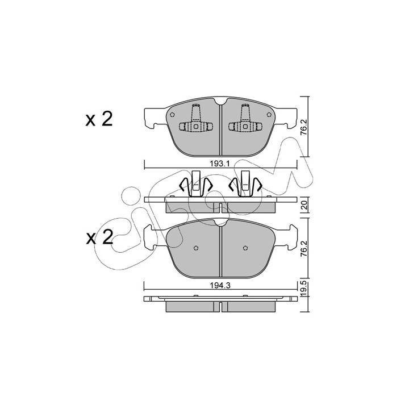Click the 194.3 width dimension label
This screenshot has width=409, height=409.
(220, 286)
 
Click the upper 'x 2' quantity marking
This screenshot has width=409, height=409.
(99, 119)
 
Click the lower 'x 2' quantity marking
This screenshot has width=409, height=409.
(99, 237)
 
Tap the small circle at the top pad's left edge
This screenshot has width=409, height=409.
(172, 115)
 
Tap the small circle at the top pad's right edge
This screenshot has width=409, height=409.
(269, 115)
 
